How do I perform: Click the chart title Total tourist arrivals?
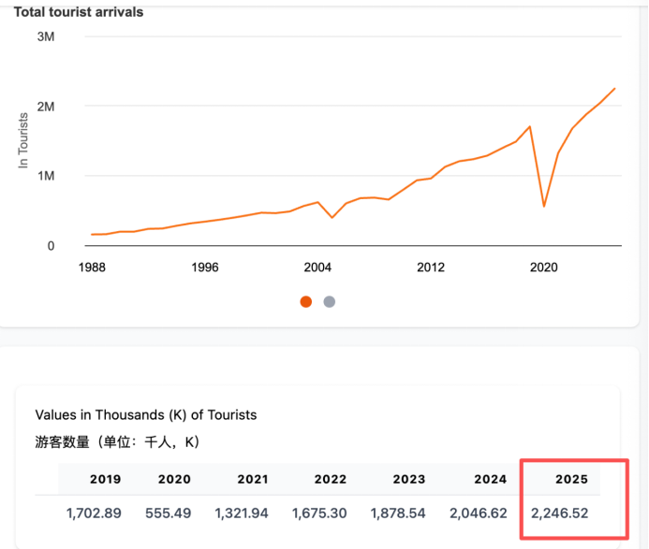[79, 12]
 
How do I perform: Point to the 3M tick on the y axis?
[46, 36]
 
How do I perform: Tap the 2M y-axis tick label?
[46, 107]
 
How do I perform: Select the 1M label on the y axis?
[46, 176]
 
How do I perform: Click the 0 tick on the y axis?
[51, 246]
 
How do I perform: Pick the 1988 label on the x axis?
[92, 267]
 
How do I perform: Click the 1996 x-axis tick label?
[205, 267]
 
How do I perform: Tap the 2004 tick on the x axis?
[317, 267]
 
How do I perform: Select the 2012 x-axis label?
[431, 267]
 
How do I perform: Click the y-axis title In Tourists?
[23, 140]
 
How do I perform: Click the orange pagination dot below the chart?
[306, 302]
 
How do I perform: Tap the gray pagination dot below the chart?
[330, 302]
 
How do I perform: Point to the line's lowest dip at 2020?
[544, 207]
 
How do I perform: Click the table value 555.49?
[168, 513]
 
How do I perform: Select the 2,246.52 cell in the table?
[560, 513]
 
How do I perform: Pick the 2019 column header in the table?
[106, 479]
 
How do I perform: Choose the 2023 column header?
[409, 479]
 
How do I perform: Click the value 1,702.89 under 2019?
[94, 513]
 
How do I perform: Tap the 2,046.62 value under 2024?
[478, 513]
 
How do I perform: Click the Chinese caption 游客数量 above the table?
[62, 442]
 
